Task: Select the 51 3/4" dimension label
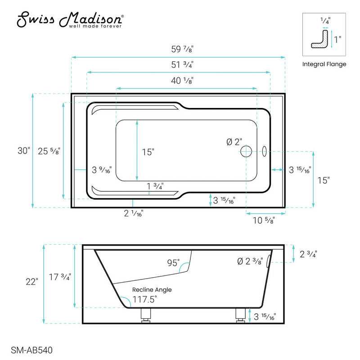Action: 179,65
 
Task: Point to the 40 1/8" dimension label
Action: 185,81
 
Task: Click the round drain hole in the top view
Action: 246,151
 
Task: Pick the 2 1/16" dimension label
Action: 133,215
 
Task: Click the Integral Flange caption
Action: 324,64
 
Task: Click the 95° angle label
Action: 173,262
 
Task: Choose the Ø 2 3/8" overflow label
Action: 250,261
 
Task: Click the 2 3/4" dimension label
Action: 308,254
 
